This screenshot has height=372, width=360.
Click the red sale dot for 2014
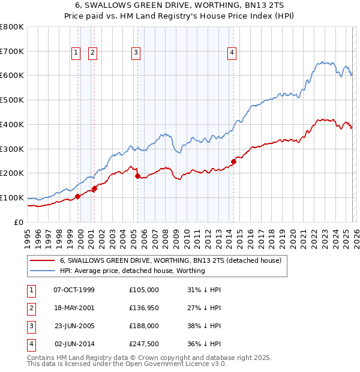233,161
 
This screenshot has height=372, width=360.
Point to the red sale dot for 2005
138,176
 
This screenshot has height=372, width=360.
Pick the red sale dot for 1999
77,196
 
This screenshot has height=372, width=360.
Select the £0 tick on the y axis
19,222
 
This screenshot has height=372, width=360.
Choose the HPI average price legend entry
132,271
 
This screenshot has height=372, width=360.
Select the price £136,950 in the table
144,308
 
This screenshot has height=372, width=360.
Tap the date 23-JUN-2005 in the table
74,327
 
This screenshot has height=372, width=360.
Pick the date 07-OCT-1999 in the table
74,290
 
